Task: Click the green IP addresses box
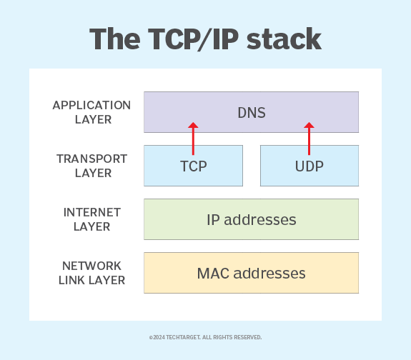click(x=251, y=219)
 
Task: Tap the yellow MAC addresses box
click(x=251, y=272)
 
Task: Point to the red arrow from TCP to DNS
click(x=193, y=139)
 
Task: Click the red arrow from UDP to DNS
click(x=309, y=139)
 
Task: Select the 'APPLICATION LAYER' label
click(x=92, y=112)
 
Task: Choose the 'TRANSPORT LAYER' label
click(x=92, y=166)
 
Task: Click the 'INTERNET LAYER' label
click(x=92, y=219)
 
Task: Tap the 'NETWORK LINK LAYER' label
click(x=92, y=273)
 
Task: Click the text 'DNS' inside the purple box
click(x=251, y=113)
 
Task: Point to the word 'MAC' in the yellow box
click(x=212, y=273)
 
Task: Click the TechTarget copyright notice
click(x=205, y=337)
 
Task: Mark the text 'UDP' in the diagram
click(x=309, y=166)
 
